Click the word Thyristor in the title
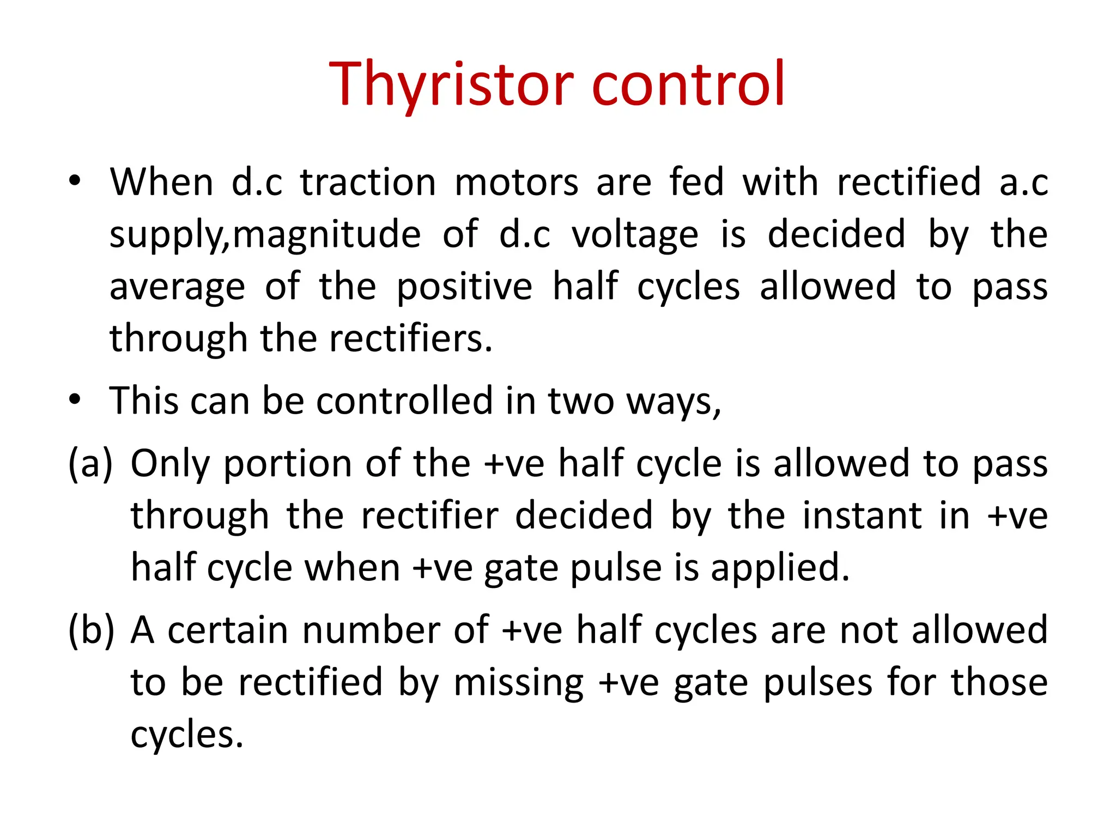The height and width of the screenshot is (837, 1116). click(x=451, y=84)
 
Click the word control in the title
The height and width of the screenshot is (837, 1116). click(x=688, y=84)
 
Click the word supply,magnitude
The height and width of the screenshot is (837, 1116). click(x=265, y=234)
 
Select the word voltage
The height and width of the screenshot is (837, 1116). click(x=634, y=234)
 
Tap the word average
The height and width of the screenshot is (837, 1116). click(x=177, y=287)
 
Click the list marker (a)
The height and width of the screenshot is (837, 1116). click(x=90, y=463)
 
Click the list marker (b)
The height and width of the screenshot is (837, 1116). click(x=91, y=630)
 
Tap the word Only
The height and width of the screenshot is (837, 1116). click(x=169, y=464)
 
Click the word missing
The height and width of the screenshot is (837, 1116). click(x=518, y=683)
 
